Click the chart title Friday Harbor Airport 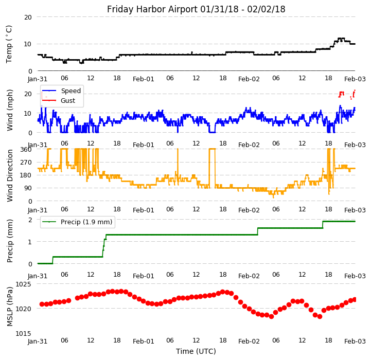(196, 9)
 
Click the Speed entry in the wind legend (70, 91)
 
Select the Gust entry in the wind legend (68, 101)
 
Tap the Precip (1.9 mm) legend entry (82, 222)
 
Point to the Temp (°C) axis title (9, 44)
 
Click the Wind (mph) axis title (10, 110)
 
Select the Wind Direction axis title (10, 175)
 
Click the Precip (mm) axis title (10, 241)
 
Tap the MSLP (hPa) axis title (10, 306)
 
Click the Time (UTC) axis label (196, 351)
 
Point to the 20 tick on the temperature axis (28, 17)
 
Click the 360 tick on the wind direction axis (26, 149)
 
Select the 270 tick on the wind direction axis (26, 162)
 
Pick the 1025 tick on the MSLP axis (23, 284)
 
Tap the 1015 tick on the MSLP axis (23, 333)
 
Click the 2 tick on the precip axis (30, 220)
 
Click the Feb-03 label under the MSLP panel (355, 341)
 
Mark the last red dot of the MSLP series (355, 299)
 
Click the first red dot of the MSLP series (42, 304)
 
